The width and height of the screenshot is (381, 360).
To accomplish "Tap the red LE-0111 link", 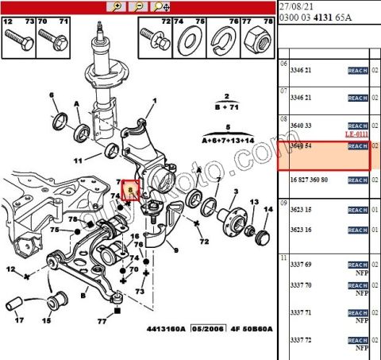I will [x=358, y=134].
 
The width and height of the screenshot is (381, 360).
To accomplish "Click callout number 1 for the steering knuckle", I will [x=154, y=100].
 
